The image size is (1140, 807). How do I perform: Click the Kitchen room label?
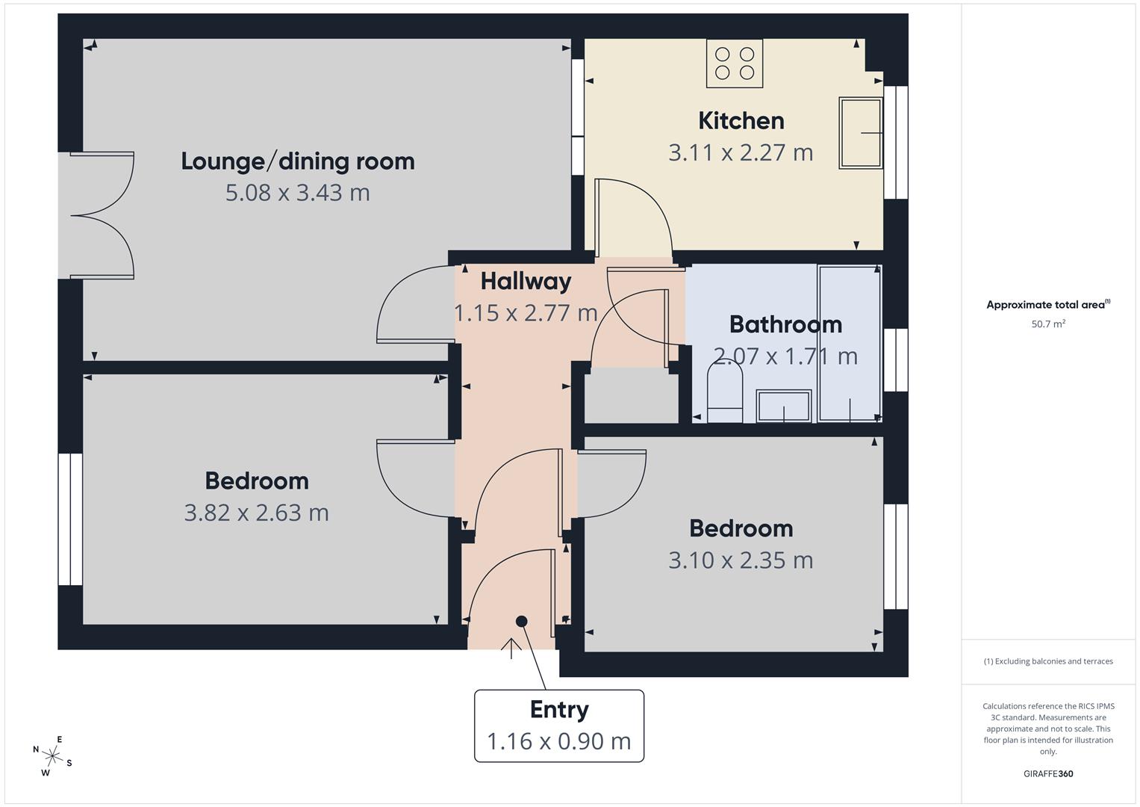tap(741, 120)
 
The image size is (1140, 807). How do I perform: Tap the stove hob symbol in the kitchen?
tap(735, 64)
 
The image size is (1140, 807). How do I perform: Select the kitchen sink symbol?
tap(860, 133)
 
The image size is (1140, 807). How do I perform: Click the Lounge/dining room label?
tap(297, 161)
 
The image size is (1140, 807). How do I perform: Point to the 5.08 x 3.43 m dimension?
tap(297, 193)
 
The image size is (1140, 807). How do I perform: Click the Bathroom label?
tap(785, 324)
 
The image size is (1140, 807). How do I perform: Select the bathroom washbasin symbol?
tap(784, 406)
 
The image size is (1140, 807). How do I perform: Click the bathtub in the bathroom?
tap(850, 343)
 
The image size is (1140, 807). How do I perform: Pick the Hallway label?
tap(526, 281)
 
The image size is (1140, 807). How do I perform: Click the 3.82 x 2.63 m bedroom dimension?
tap(256, 513)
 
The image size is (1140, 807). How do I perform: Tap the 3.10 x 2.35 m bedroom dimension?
tap(740, 560)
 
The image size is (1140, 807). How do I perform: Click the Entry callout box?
tap(558, 726)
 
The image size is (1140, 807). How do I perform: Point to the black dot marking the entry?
tap(521, 621)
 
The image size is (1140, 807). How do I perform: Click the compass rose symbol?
tap(52, 755)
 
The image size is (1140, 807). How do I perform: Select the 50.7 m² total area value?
tap(1047, 324)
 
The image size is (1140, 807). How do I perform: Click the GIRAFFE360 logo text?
tap(1047, 773)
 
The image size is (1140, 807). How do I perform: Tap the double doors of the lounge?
tap(103, 216)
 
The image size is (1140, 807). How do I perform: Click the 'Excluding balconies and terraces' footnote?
tap(1047, 661)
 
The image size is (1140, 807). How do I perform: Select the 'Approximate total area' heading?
tap(1047, 305)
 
